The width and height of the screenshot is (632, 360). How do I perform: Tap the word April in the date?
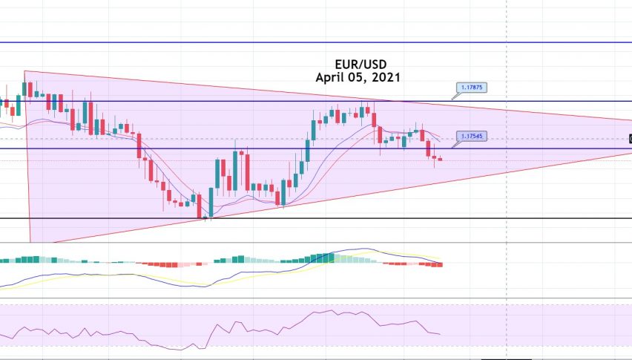331,76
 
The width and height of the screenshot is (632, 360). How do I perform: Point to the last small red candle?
441,159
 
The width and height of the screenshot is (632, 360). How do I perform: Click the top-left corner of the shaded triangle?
24,72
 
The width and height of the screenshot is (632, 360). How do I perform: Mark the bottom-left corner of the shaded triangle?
30,241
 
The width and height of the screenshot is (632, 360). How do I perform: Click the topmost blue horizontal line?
297,42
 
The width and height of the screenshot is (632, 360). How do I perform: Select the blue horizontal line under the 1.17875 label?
223,101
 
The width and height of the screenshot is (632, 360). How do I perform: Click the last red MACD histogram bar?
441,264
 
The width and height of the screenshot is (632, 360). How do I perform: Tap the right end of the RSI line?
440,334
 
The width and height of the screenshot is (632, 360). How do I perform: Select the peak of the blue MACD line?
363,249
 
